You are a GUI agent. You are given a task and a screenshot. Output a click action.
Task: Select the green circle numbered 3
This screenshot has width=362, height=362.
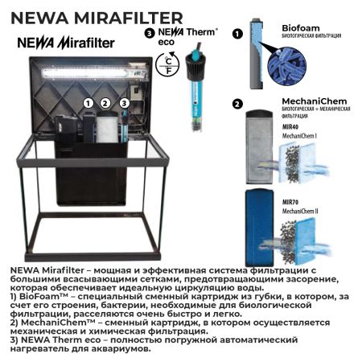click(x=150, y=34)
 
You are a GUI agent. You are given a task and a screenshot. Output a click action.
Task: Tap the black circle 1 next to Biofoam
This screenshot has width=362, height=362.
click(x=237, y=35)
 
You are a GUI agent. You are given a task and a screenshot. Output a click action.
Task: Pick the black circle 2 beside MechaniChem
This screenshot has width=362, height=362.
click(x=237, y=104)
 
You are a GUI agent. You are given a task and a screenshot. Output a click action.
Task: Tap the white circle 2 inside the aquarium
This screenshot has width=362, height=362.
click(x=105, y=103)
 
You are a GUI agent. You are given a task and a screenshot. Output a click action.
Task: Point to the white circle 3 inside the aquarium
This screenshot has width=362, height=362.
click(x=123, y=103)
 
